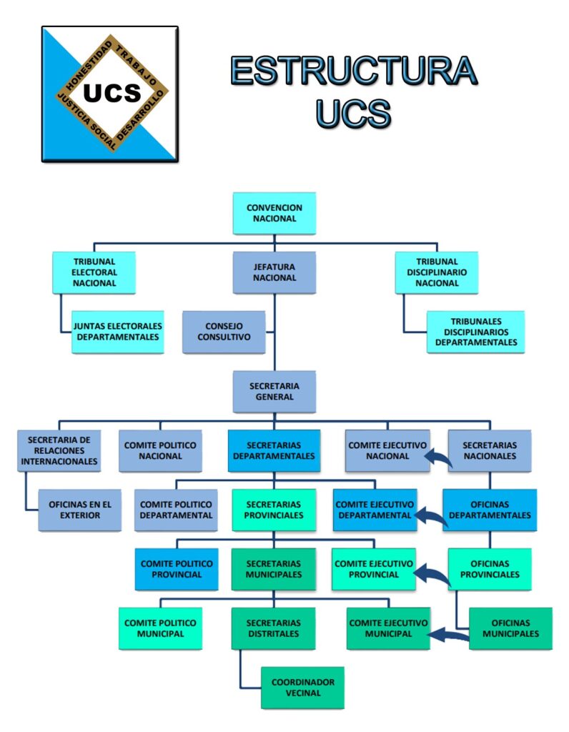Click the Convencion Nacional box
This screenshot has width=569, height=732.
point(274,213)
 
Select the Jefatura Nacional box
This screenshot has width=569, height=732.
point(274,272)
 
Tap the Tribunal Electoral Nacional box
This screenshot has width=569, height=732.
point(94,272)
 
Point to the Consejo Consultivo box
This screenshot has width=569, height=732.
point(224,332)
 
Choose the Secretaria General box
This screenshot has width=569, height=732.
point(274,391)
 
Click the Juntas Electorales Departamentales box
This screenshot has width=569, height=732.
point(117,332)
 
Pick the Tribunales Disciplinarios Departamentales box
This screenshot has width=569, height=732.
point(476,332)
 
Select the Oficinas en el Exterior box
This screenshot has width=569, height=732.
point(80,510)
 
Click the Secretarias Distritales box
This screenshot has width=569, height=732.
point(274,628)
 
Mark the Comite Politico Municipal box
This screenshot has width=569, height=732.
point(160,628)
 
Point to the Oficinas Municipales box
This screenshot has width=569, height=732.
point(511,628)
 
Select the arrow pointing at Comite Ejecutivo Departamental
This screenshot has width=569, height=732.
point(432,516)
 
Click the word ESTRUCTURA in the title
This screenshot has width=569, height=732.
point(353,71)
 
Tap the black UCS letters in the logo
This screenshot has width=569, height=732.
point(112,94)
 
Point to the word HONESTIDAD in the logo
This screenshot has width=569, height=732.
point(82,65)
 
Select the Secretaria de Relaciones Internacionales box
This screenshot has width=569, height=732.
point(59,450)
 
